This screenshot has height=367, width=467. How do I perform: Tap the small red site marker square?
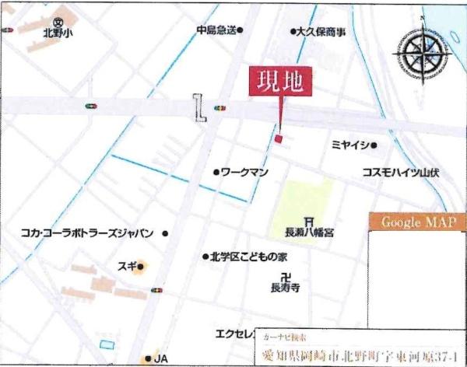(277, 138)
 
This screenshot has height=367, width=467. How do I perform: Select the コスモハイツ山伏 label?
(400, 173)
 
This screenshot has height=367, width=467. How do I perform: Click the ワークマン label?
(245, 171)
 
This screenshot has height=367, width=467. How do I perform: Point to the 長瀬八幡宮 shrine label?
(310, 232)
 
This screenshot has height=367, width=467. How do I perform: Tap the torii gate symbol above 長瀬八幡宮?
(310, 220)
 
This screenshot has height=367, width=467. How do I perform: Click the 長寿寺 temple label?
(285, 288)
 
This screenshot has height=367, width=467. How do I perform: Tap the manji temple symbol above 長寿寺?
(286, 276)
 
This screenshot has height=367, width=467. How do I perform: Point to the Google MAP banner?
(417, 222)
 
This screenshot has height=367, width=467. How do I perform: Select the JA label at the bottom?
(160, 358)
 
